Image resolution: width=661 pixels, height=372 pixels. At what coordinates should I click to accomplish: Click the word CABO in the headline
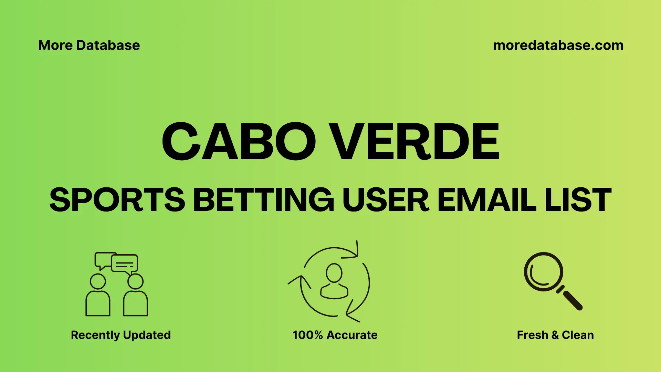coord(239,142)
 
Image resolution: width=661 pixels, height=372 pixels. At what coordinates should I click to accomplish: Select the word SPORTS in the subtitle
coord(117,200)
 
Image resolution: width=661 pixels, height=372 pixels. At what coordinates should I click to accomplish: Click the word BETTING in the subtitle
coord(264,200)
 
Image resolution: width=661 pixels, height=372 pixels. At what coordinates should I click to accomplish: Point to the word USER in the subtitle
coord(386,200)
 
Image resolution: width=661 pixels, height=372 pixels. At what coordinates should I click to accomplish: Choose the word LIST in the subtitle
coord(578,200)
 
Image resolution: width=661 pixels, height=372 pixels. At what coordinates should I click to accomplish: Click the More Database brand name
coord(89,45)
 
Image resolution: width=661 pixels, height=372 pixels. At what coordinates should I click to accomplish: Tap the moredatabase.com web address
coord(558,45)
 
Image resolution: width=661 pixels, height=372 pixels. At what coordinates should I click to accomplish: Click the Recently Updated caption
coord(120,335)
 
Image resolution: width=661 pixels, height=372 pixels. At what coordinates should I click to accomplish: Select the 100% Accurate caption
coord(335,335)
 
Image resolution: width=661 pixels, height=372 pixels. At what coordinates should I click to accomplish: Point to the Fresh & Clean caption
coord(555,335)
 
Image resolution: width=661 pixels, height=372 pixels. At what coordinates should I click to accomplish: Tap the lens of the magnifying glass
coord(543,272)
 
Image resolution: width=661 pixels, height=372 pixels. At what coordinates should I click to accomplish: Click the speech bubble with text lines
coord(125,264)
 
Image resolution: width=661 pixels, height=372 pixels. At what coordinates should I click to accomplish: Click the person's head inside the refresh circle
coord(334,273)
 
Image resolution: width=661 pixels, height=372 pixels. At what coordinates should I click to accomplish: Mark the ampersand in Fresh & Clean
coord(555,335)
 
